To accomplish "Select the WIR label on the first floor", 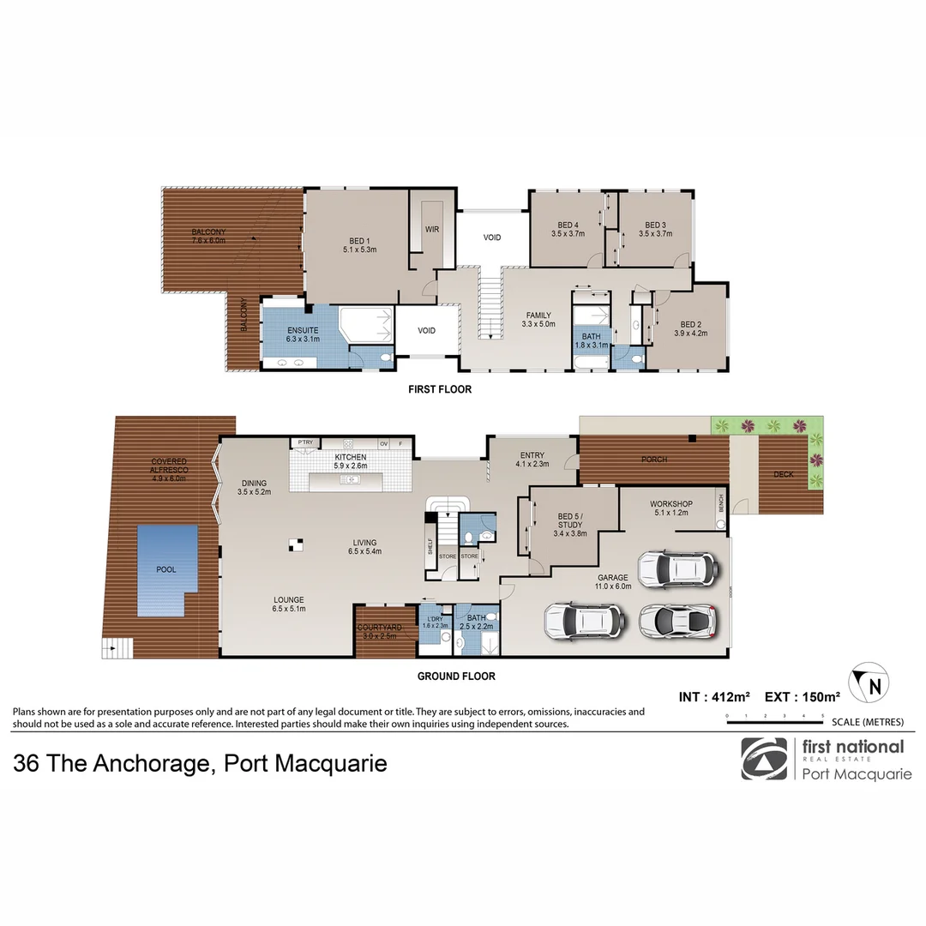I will click(x=432, y=229).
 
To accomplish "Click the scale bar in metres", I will click(x=774, y=721).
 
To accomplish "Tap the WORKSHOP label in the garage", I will click(x=671, y=503).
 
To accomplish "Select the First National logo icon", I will click(x=763, y=759).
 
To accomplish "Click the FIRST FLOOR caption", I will click(x=440, y=389).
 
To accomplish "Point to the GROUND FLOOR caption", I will click(x=456, y=676).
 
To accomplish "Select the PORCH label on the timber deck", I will click(x=654, y=460).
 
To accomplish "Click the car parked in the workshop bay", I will click(x=676, y=568).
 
